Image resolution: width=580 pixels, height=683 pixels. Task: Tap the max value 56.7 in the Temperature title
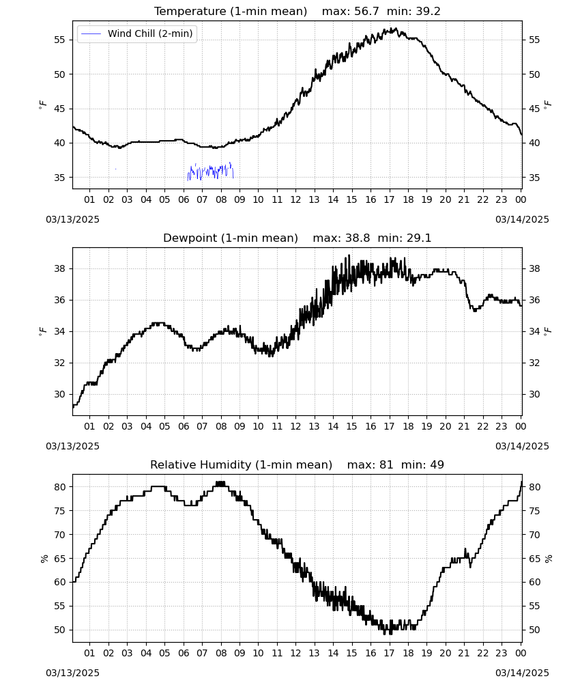point(366,12)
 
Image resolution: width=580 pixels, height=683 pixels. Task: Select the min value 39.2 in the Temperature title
point(428,12)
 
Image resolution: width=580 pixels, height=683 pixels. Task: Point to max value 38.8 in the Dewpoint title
point(358,238)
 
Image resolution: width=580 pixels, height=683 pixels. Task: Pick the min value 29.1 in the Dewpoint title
point(419,238)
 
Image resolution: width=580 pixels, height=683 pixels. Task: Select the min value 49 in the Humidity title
point(437,464)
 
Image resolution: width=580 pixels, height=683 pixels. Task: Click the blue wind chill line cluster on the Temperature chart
point(211,171)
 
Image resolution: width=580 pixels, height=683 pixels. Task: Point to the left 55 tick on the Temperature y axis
point(59,40)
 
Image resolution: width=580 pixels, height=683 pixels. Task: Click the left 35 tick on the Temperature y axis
point(59,178)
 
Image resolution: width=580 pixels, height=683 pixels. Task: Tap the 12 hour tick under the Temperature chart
point(296,199)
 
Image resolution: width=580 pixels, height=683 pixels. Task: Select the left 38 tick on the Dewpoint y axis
point(59,268)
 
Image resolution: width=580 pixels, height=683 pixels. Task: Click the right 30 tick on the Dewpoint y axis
point(534,394)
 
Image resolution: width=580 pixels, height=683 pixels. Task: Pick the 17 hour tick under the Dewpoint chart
point(390,426)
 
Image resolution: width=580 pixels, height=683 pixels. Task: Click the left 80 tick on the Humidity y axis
point(59,487)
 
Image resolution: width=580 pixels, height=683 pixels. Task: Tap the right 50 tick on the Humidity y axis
point(534,630)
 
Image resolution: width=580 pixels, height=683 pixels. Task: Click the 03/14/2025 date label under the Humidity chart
point(522,673)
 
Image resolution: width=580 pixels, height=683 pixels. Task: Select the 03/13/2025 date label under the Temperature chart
point(72,219)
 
